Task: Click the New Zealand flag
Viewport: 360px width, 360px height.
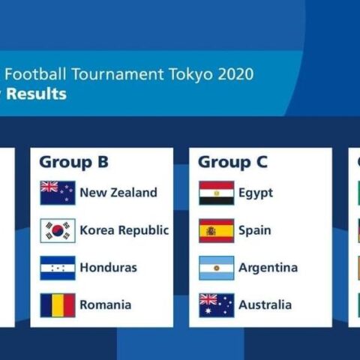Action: click(58, 193)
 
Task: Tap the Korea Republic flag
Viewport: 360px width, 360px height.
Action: click(58, 230)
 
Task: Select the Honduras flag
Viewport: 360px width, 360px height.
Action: click(58, 268)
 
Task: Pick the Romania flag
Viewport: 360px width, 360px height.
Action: click(58, 305)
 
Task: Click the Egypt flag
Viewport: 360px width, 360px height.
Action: click(217, 193)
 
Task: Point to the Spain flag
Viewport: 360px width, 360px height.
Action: click(217, 230)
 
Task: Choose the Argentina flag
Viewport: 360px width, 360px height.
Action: click(217, 268)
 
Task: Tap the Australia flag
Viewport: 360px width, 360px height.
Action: click(217, 305)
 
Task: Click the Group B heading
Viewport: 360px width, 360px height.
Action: click(73, 163)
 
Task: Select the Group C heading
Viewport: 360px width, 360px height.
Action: click(232, 163)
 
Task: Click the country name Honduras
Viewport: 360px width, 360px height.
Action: click(109, 268)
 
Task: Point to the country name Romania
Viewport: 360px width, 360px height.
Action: click(106, 305)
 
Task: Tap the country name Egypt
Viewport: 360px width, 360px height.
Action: click(256, 193)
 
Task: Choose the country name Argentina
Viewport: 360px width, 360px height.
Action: click(268, 268)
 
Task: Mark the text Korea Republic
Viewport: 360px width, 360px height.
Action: click(124, 230)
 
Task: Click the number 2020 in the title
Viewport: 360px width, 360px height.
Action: click(235, 74)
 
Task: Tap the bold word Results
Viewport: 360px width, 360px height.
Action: click(37, 94)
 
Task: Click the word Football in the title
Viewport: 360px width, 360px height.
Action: click(35, 74)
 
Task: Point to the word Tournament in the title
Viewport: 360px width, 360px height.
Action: click(118, 74)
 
